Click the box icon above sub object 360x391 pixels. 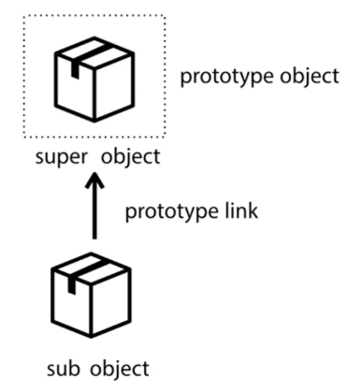pos(94,296)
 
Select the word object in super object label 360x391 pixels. pos(129,155)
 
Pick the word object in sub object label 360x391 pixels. pos(120,364)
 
